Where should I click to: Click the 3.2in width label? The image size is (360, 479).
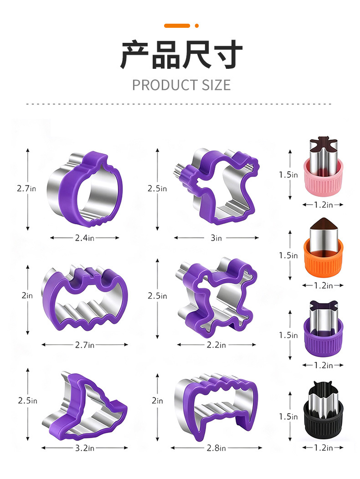[85, 448]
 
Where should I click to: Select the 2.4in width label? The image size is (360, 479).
[85, 237]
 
